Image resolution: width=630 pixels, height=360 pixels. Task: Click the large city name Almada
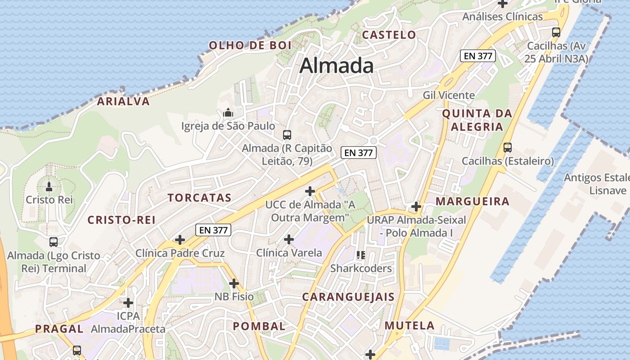pyautogui.click(x=337, y=66)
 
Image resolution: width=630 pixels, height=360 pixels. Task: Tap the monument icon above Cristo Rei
pyautogui.click(x=49, y=185)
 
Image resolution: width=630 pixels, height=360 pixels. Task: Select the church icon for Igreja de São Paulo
pyautogui.click(x=228, y=112)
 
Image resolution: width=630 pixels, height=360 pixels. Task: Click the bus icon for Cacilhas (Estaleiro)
pyautogui.click(x=508, y=147)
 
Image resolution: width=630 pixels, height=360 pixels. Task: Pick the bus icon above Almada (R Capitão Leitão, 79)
pyautogui.click(x=287, y=135)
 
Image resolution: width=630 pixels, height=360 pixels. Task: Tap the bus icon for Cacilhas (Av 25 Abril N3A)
pyautogui.click(x=556, y=32)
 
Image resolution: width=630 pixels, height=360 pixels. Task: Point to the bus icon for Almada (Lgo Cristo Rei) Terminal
pyautogui.click(x=54, y=242)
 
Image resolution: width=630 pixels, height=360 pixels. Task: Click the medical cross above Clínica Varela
pyautogui.click(x=289, y=239)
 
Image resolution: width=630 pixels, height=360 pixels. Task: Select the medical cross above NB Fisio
pyautogui.click(x=234, y=283)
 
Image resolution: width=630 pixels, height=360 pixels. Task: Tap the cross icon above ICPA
pyautogui.click(x=128, y=302)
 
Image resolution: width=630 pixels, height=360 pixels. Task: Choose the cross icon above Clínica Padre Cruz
pyautogui.click(x=180, y=239)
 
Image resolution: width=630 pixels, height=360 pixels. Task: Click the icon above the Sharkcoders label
pyautogui.click(x=360, y=255)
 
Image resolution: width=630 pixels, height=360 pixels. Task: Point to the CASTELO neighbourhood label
pyautogui.click(x=389, y=35)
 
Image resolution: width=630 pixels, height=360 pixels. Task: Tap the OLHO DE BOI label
pyautogui.click(x=250, y=45)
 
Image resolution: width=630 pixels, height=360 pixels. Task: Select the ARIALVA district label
pyautogui.click(x=123, y=101)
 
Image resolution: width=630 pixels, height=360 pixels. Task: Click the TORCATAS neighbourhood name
pyautogui.click(x=199, y=198)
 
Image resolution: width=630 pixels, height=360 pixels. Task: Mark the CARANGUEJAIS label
pyautogui.click(x=348, y=297)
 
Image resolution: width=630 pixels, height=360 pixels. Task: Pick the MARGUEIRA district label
pyautogui.click(x=472, y=201)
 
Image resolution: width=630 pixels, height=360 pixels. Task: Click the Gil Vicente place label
pyautogui.click(x=449, y=95)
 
